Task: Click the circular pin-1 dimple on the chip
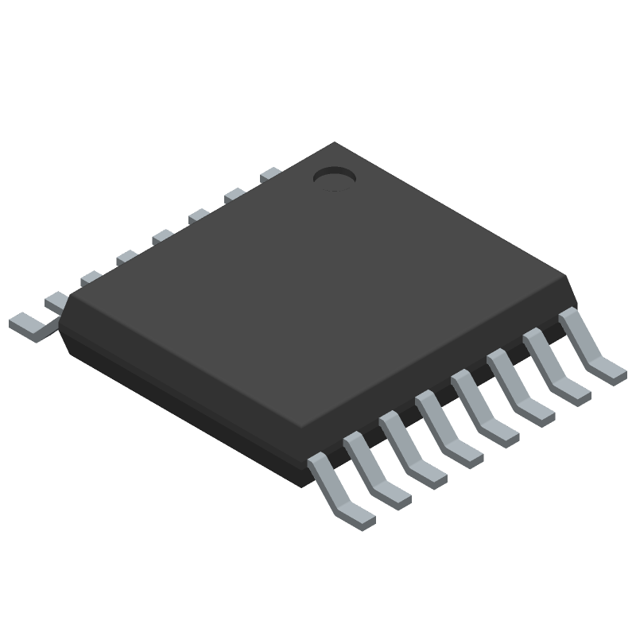tap(333, 179)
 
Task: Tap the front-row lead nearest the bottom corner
tap(340, 492)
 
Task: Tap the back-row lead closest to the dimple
tap(270, 173)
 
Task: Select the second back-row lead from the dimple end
tap(235, 194)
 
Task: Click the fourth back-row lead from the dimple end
tap(163, 235)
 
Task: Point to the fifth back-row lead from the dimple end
tap(127, 257)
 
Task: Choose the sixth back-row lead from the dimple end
tap(91, 277)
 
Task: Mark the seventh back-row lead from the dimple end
tap(56, 300)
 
